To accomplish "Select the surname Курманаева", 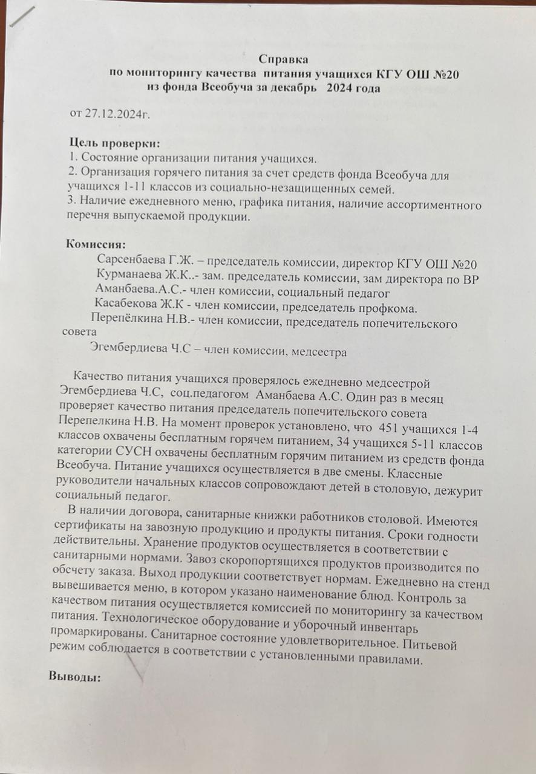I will [129, 278].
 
